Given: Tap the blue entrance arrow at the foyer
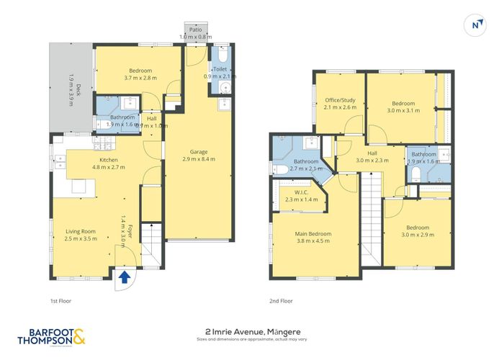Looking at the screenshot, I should point(125,277).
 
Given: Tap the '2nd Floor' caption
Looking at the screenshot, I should point(282,300).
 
